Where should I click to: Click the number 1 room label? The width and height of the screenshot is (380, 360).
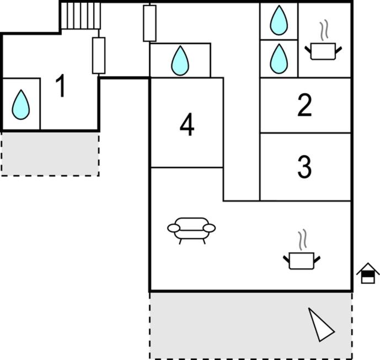[x=61, y=87]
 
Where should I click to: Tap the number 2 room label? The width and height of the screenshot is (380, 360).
[x=304, y=105]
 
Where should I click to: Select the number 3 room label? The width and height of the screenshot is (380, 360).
[x=304, y=167]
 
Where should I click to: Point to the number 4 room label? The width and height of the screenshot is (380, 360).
[x=187, y=125]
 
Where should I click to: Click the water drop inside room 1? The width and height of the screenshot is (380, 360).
[x=21, y=104]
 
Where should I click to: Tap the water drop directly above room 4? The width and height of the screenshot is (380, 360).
[x=180, y=60]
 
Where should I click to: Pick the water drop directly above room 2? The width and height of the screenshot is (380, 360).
[x=279, y=59]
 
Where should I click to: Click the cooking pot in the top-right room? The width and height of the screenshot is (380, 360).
[x=323, y=52]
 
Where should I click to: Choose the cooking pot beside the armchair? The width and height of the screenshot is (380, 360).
[x=301, y=260]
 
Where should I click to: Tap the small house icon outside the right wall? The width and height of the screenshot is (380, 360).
[x=368, y=273]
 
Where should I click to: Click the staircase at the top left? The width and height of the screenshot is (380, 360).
[x=81, y=15]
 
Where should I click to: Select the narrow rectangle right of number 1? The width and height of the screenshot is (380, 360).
[x=99, y=55]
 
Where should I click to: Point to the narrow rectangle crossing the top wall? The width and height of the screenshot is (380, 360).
[x=149, y=23]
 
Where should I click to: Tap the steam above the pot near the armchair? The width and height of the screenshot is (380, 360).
[x=302, y=240]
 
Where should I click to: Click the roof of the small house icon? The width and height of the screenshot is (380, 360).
[x=368, y=268]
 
